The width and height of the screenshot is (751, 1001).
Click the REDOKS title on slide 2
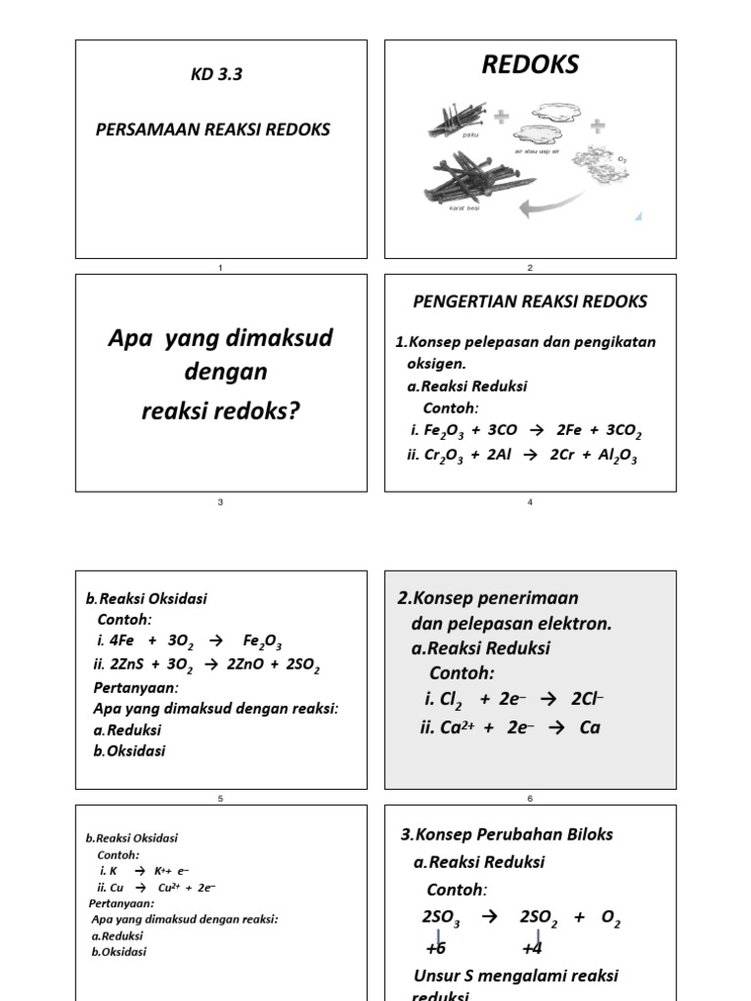click(530, 65)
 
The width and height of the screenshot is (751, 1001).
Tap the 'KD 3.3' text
click(216, 75)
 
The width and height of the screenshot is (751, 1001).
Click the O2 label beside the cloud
click(623, 156)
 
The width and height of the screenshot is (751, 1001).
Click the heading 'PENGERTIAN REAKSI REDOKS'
click(530, 301)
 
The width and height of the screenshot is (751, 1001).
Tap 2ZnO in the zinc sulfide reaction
click(243, 665)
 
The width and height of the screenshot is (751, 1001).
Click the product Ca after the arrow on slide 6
click(589, 727)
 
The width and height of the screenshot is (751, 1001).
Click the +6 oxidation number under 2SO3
click(436, 948)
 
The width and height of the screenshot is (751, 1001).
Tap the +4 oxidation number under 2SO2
click(532, 948)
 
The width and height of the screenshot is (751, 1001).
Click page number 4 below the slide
click(530, 502)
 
